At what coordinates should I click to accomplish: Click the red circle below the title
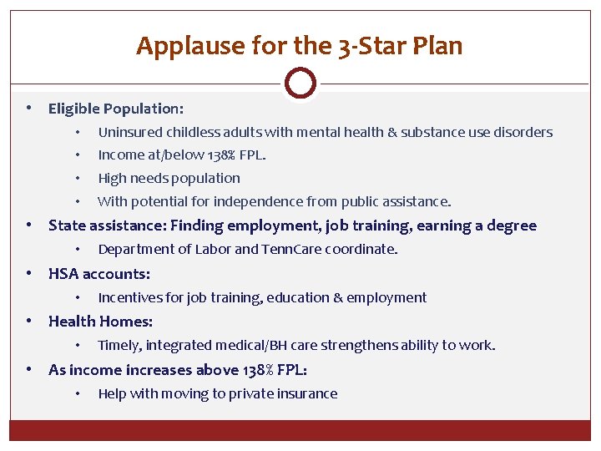(x=300, y=84)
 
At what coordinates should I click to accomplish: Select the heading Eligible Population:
(x=116, y=109)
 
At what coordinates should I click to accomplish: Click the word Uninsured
(x=130, y=132)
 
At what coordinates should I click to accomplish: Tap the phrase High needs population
(x=169, y=178)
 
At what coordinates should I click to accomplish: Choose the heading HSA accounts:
(x=99, y=274)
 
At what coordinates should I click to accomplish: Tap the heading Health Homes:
(x=100, y=322)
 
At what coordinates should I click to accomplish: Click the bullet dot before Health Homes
(x=29, y=322)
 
